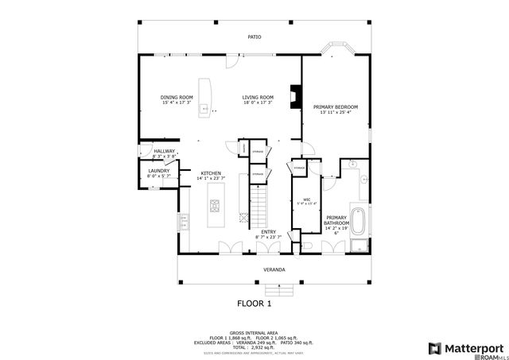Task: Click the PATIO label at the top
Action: (254, 37)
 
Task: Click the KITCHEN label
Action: (211, 175)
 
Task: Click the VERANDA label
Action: (274, 269)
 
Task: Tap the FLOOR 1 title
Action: (254, 303)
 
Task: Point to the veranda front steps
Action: (274, 287)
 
